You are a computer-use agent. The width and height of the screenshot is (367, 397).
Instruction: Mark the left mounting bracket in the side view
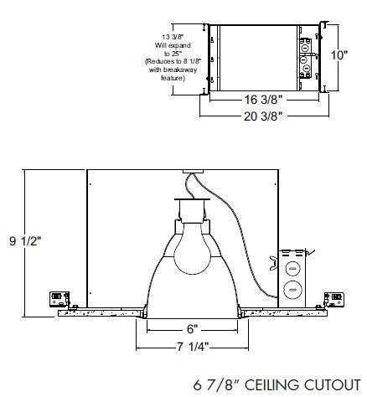(59, 299)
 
